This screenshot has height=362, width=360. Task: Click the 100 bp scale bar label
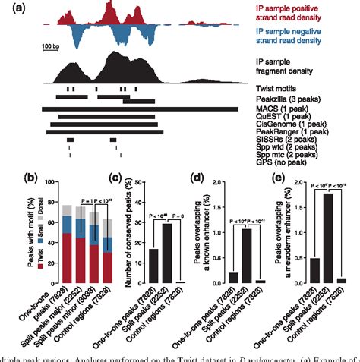(52, 46)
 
